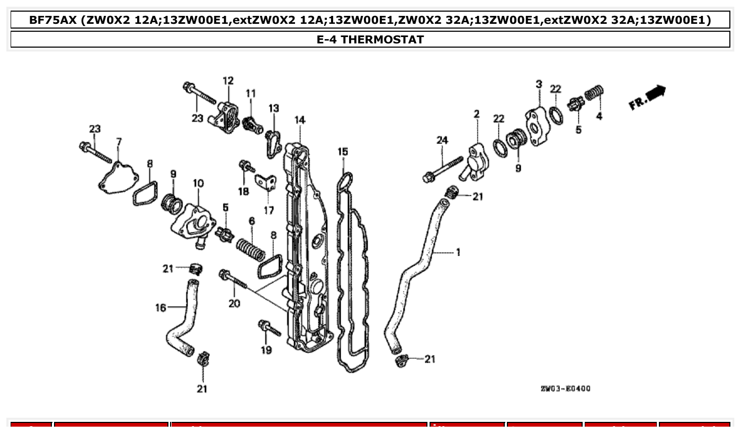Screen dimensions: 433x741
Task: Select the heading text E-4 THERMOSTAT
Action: pyautogui.click(x=370, y=39)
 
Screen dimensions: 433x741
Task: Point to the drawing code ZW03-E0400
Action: pyautogui.click(x=565, y=389)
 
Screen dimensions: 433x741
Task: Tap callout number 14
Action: pyautogui.click(x=300, y=120)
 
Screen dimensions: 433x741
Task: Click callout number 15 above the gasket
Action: pyautogui.click(x=343, y=152)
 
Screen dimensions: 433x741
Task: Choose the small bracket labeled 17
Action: pyautogui.click(x=266, y=183)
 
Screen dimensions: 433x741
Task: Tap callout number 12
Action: pyautogui.click(x=228, y=81)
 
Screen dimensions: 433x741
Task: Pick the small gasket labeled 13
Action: pyautogui.click(x=273, y=142)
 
